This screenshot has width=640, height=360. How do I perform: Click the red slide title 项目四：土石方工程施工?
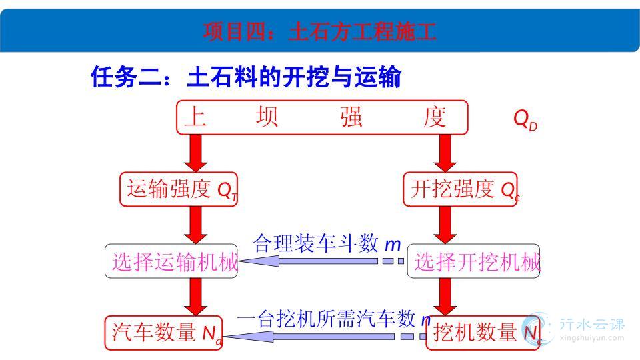319,31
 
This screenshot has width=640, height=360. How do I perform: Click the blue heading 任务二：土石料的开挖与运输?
246,77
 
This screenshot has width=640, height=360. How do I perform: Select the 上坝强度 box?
322,117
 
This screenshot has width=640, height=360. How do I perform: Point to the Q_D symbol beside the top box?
525,120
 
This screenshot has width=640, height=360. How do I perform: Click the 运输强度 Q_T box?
179,189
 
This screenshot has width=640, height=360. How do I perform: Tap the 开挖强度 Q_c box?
461,189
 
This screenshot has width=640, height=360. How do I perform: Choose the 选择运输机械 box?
171,261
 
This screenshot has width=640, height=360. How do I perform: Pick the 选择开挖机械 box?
473,261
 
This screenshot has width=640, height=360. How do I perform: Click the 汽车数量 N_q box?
163,333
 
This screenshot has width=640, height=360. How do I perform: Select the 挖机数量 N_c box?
483,333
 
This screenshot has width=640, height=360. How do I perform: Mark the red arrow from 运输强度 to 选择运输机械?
195,225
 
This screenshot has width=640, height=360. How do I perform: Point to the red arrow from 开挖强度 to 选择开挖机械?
445,225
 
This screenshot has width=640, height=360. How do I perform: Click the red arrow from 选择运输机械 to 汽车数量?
195,297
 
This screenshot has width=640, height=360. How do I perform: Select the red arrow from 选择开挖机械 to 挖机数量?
445,297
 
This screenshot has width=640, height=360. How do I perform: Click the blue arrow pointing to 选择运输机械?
321,261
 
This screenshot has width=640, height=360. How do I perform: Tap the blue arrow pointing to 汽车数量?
325,337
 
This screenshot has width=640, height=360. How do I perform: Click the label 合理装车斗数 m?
327,244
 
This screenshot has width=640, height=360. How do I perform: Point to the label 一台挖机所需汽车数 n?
333,319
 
